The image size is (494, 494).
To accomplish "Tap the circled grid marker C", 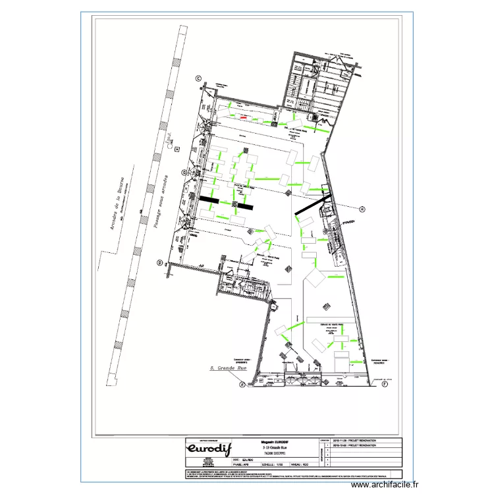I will [x=198, y=79].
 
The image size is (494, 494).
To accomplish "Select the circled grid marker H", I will [x=362, y=208].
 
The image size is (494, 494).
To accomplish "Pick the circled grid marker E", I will [x=242, y=384].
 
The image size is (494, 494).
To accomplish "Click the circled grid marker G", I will [x=185, y=173].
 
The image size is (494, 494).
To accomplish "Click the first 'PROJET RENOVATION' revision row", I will [x=358, y=439].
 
